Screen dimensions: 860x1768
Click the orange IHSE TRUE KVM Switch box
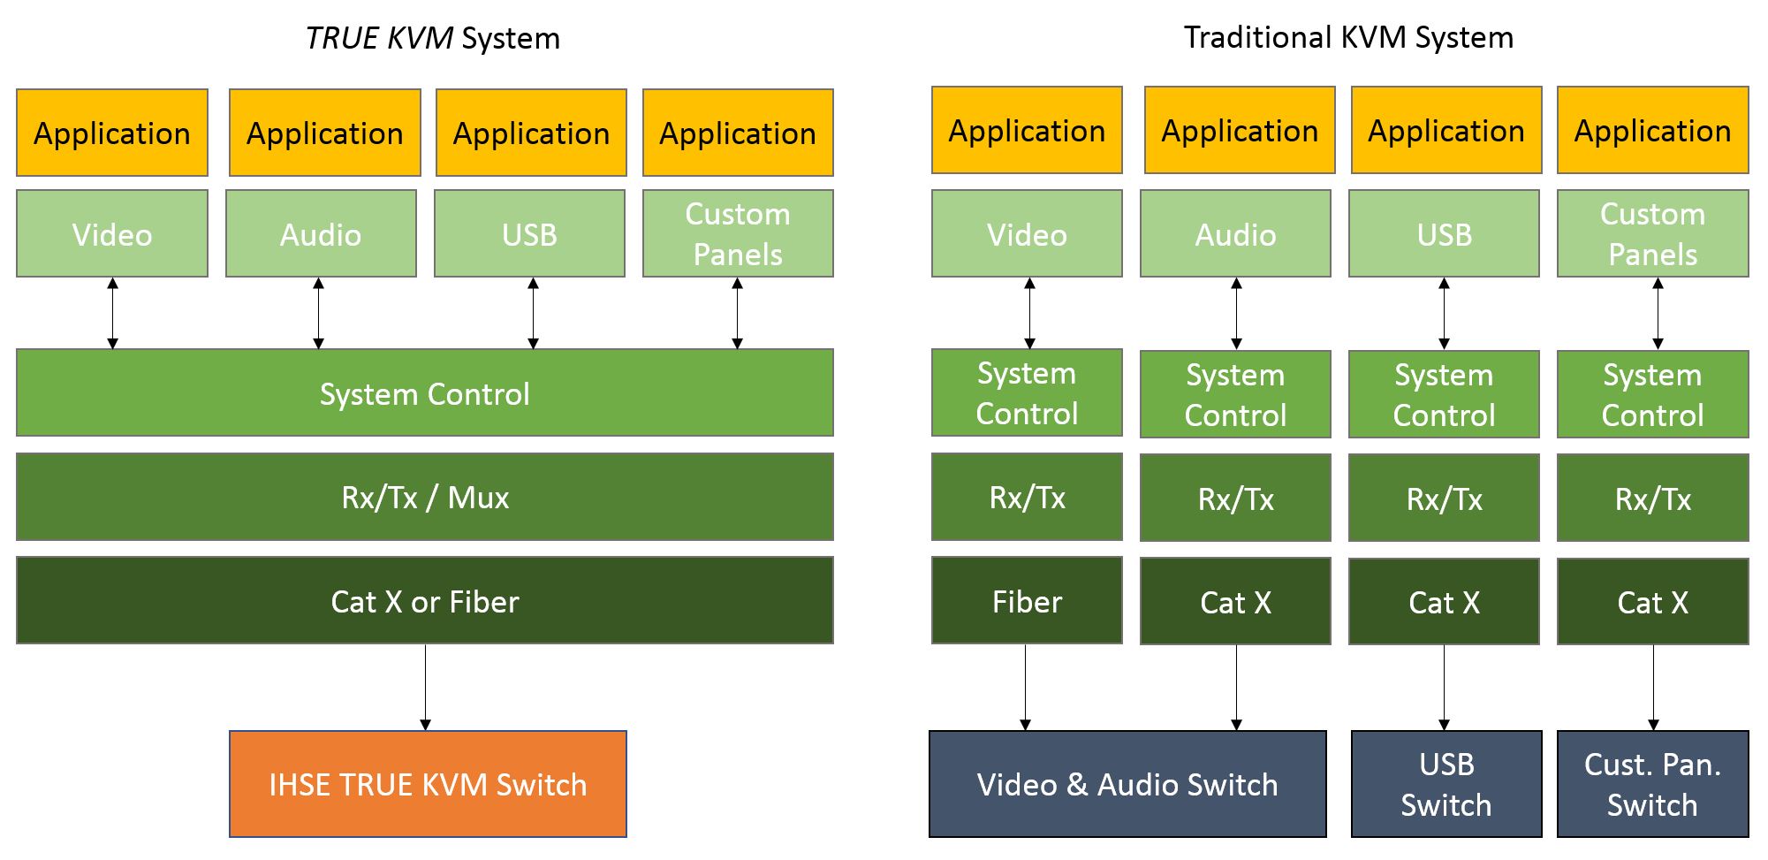tap(428, 784)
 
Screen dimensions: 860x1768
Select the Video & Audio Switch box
tap(1127, 784)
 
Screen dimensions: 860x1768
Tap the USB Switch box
tap(1446, 784)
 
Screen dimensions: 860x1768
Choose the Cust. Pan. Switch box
tap(1652, 784)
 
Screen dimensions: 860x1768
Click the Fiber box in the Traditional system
tap(1027, 601)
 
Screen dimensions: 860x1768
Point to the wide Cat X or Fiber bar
tap(425, 601)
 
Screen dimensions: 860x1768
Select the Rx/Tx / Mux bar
tap(425, 497)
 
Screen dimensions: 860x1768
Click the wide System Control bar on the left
tap(425, 393)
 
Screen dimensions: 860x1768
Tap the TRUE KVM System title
tap(432, 38)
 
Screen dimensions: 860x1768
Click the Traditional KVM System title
tap(1348, 37)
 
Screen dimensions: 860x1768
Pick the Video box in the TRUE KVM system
tap(112, 234)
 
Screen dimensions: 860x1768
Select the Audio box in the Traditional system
tap(1235, 234)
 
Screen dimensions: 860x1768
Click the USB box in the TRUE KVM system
tap(530, 234)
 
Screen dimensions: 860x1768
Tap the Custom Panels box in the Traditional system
tap(1652, 234)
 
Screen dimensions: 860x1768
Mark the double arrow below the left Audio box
tap(319, 314)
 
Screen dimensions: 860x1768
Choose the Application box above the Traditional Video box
tap(1027, 131)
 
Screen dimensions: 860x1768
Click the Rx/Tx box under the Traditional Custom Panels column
tap(1652, 498)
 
